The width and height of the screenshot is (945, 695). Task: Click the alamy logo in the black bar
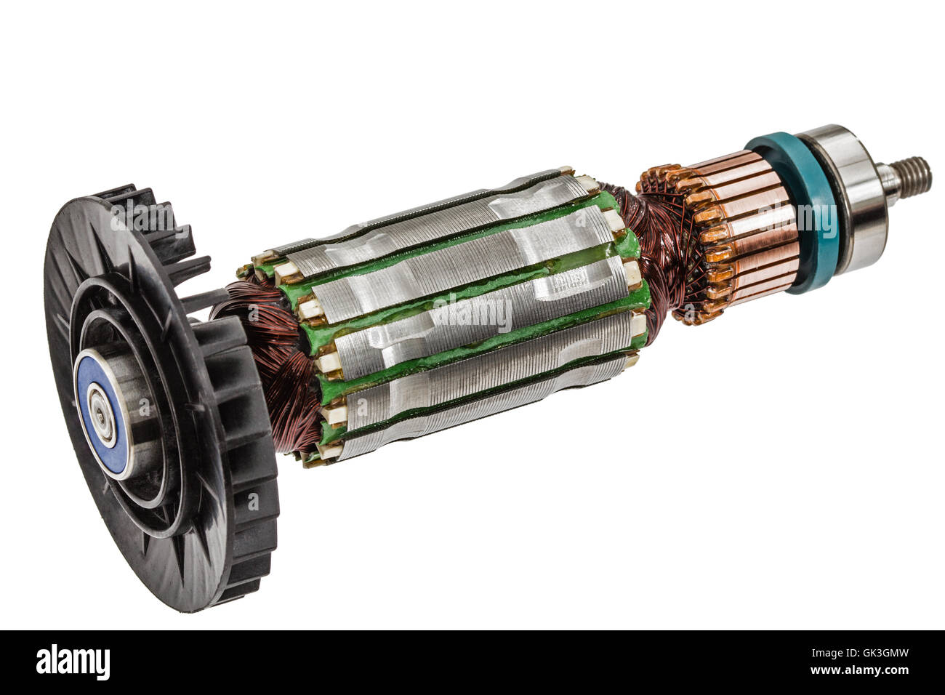(73, 662)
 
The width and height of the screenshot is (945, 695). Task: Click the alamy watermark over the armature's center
(472, 313)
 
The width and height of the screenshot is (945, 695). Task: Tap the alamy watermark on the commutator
(796, 218)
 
